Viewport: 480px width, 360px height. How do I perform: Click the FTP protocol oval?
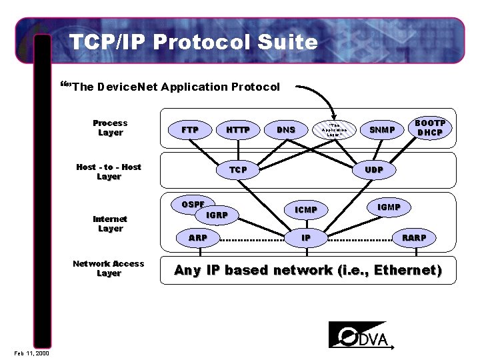pos(190,129)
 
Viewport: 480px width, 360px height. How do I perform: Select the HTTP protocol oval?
pos(238,129)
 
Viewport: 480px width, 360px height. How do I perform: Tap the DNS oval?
pos(286,129)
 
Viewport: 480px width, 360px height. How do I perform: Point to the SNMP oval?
pos(382,129)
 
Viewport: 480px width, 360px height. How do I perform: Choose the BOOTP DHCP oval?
pos(429,128)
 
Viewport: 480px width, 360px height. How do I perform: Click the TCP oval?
pos(238,170)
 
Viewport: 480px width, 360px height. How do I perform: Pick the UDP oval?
pos(374,170)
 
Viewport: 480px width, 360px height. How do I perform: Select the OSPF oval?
pos(193,204)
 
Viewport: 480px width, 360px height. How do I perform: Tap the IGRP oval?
pos(217,215)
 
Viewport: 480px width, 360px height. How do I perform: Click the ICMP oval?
pos(306,210)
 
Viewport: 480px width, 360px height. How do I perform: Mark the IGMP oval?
pos(389,207)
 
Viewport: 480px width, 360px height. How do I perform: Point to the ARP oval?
pos(198,237)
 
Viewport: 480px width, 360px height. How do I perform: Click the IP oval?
pos(306,237)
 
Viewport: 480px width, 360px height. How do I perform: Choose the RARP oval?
pos(414,237)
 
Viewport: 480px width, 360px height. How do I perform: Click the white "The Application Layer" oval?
pos(334,129)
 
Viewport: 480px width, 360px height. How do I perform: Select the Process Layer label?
pos(110,128)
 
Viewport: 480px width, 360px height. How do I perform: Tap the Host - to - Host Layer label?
pos(109,172)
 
